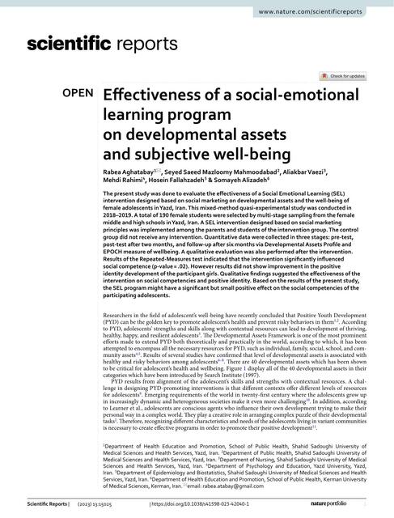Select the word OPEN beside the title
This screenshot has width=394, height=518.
click(78, 93)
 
